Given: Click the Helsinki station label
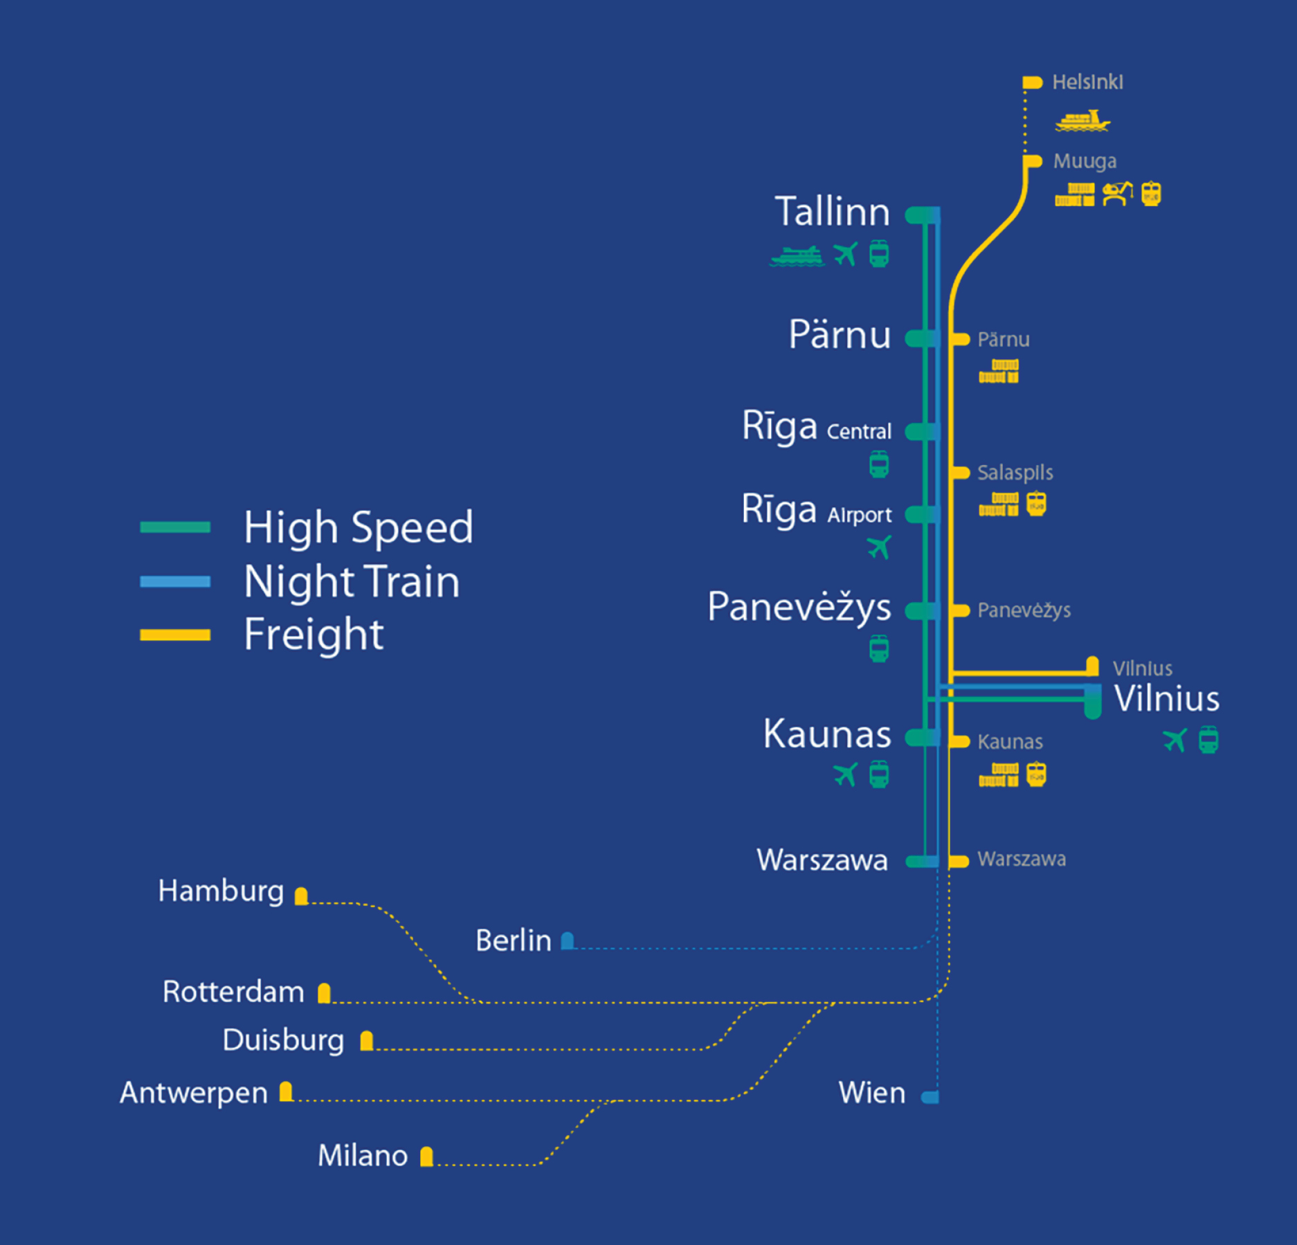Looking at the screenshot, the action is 1087,82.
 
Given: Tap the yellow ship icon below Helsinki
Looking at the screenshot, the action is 1082,120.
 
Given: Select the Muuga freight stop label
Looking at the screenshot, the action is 1085,161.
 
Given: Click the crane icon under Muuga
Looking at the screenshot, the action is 1117,193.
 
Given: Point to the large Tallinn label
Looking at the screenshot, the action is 832,211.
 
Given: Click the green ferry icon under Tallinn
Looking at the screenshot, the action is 797,255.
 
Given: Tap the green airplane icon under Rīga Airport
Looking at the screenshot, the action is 879,547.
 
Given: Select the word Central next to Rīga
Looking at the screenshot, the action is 859,431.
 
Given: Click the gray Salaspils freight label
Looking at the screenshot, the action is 1015,473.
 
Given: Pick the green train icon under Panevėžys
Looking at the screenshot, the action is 879,649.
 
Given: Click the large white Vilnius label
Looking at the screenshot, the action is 1167,698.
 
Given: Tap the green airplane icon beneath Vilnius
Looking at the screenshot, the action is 1174,740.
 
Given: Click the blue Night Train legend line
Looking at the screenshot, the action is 175,582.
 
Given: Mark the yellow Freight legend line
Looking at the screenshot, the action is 175,635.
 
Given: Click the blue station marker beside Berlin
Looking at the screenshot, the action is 568,940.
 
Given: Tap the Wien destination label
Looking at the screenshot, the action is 872,1093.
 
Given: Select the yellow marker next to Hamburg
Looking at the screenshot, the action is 301,896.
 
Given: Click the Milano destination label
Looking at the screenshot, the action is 363,1156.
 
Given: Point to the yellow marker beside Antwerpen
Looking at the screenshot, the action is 286,1091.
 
